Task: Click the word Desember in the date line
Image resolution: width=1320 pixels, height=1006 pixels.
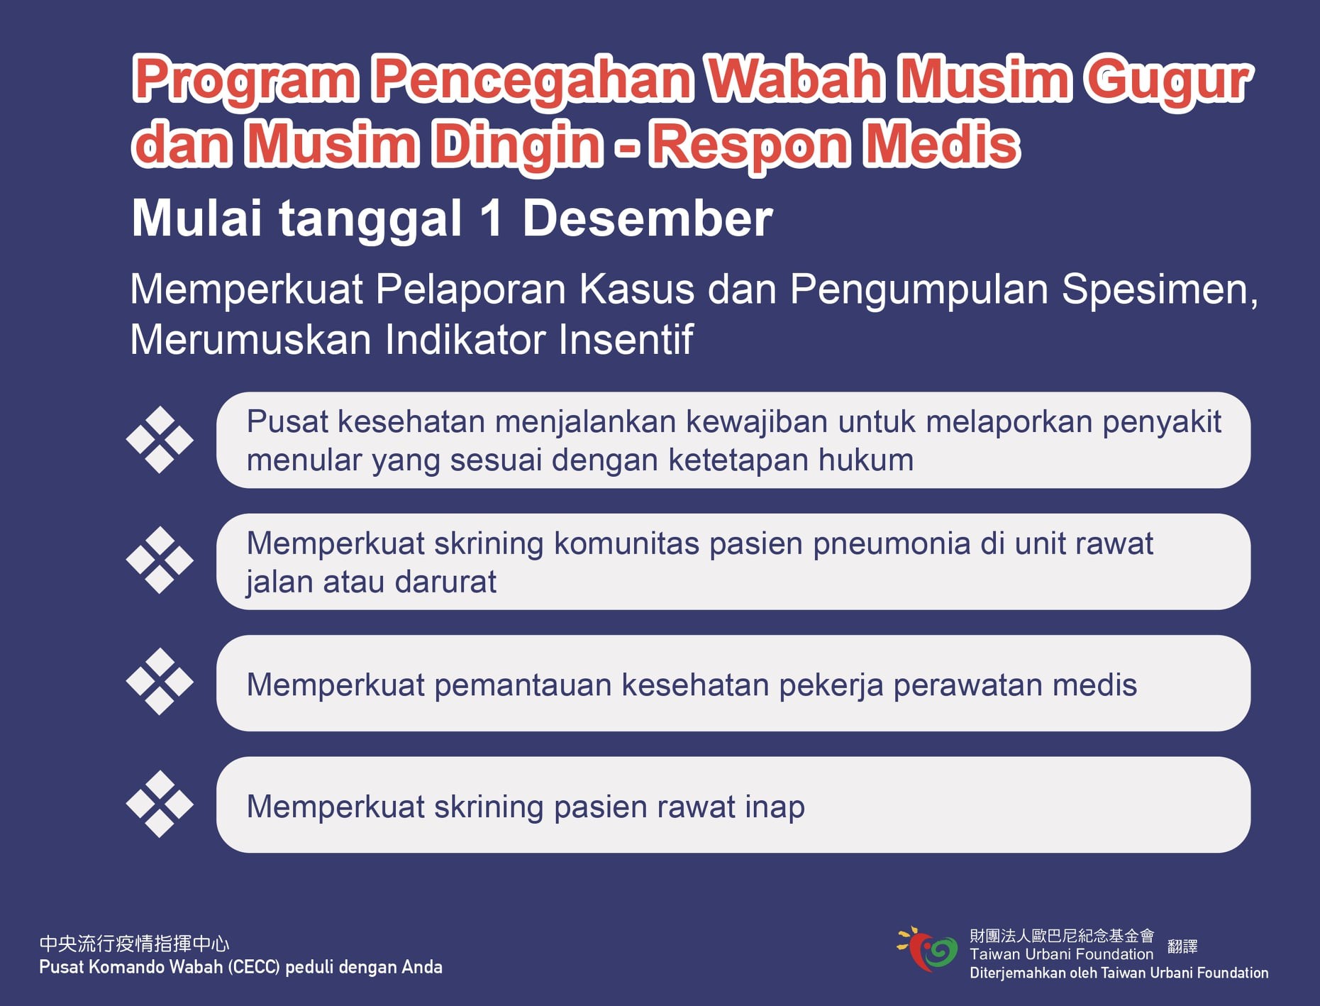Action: point(647,218)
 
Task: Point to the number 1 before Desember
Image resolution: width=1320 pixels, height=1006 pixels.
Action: point(491,218)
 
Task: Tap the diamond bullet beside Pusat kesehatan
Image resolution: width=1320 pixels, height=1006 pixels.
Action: point(160,440)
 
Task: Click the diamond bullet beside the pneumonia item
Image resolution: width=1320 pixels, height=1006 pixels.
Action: point(160,560)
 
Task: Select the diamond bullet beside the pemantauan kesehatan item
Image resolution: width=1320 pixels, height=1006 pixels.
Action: point(160,682)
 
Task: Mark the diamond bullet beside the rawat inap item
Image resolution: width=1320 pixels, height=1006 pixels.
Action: point(160,804)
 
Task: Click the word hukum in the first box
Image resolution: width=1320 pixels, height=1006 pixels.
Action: point(866,460)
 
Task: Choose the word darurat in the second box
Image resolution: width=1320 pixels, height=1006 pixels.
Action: point(445,582)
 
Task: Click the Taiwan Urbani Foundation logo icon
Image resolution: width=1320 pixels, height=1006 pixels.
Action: point(927,949)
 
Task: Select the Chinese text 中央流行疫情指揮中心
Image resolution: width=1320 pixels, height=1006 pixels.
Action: point(134,944)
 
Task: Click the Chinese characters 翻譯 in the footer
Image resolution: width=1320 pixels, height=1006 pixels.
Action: point(1182,946)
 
